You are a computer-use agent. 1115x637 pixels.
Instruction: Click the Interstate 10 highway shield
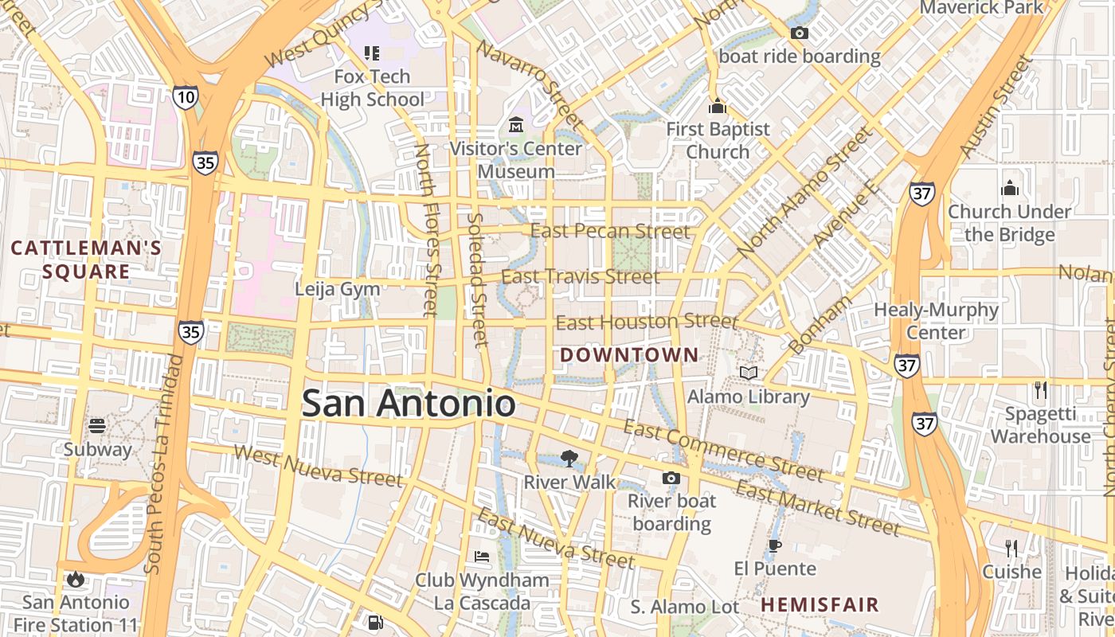point(184,97)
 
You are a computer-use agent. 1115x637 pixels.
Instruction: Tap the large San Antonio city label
point(409,403)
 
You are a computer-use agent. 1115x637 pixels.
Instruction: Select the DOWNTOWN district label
point(629,355)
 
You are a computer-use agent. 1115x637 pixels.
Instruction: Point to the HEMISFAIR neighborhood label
point(820,604)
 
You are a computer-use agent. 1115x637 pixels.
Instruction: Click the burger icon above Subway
point(97,426)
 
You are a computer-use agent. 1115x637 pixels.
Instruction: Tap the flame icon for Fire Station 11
point(76,579)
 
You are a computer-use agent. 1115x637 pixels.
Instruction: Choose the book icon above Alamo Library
point(748,373)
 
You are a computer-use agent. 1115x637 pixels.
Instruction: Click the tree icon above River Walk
point(569,458)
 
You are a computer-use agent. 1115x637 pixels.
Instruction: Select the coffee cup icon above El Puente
point(774,545)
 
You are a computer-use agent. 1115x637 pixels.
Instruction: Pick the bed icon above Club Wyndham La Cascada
point(482,556)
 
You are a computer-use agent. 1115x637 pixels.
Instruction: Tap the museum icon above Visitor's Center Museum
point(515,125)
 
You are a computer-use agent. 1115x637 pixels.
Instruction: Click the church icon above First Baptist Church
point(718,106)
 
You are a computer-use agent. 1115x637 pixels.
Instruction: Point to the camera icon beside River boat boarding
point(671,478)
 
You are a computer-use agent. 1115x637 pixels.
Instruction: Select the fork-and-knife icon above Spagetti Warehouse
point(1040,390)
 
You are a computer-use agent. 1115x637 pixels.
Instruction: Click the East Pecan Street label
point(610,232)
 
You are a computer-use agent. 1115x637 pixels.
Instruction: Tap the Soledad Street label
point(475,279)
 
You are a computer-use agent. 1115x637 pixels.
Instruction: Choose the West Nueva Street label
point(319,466)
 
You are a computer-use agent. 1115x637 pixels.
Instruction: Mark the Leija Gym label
point(338,289)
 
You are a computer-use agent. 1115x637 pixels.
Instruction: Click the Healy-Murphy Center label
point(936,320)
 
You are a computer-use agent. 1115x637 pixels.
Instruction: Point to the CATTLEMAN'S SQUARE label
point(86,260)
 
